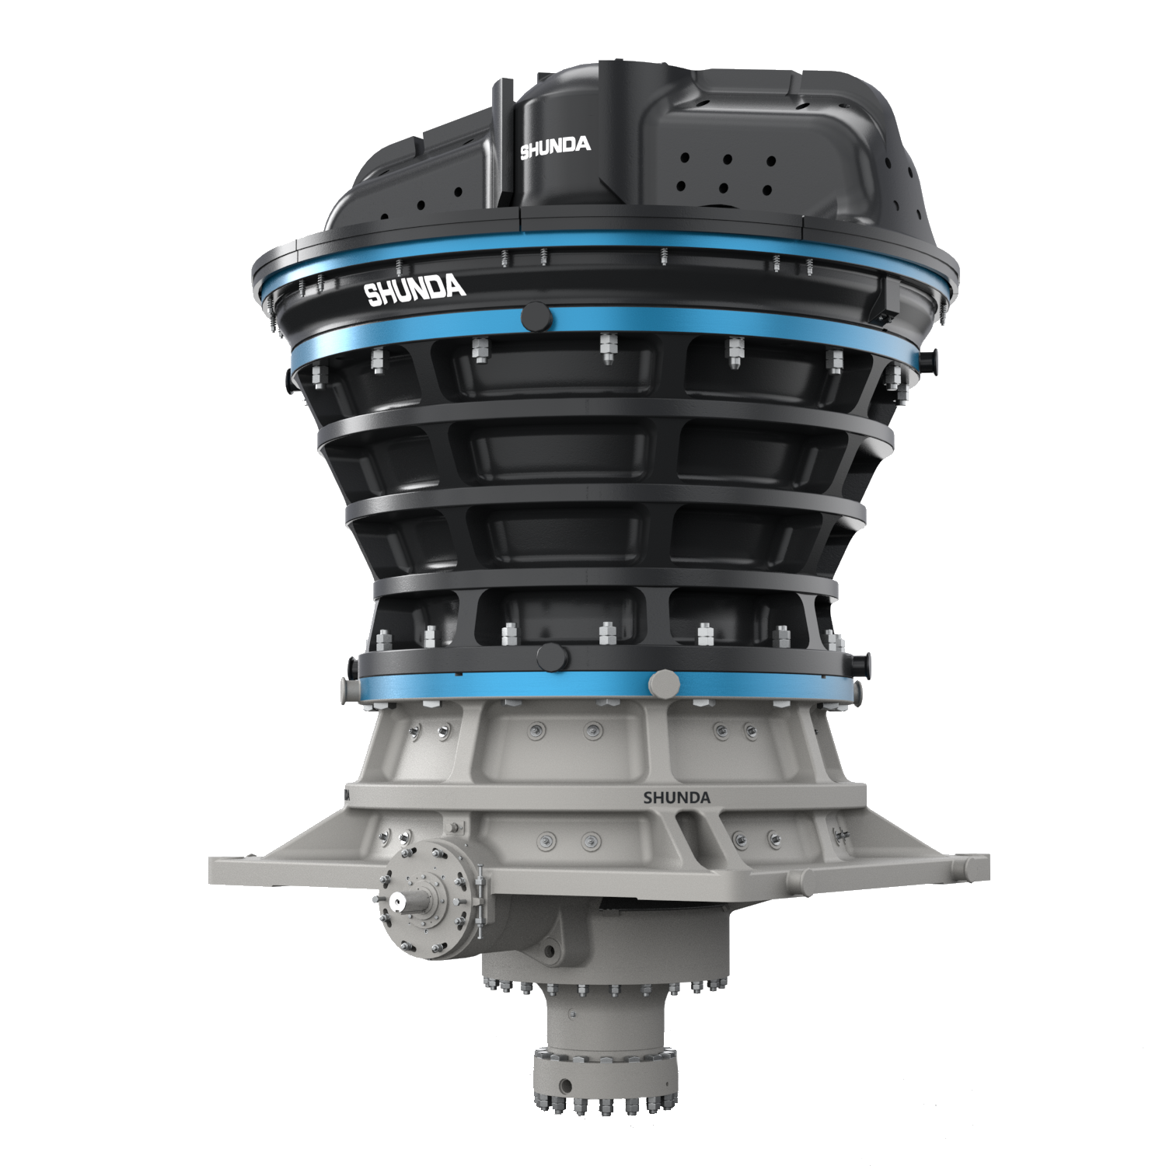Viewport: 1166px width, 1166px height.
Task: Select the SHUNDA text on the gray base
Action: pyautogui.click(x=676, y=798)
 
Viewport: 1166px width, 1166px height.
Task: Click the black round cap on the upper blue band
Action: pyautogui.click(x=535, y=317)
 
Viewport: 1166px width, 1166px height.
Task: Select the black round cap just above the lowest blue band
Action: pyautogui.click(x=552, y=657)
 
